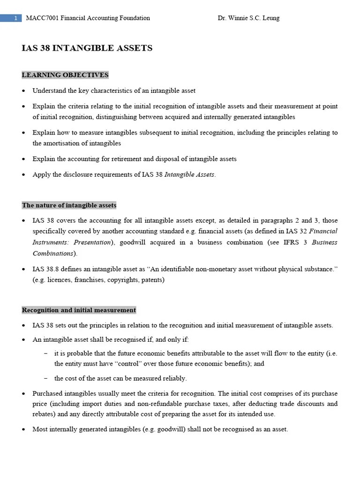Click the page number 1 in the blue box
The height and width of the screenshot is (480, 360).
pyautogui.click(x=15, y=18)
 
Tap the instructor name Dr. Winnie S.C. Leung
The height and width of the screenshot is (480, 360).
pyautogui.click(x=248, y=18)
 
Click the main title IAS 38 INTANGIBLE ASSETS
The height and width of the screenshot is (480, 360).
pyautogui.click(x=87, y=48)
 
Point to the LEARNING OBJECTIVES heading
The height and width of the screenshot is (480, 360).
pyautogui.click(x=65, y=75)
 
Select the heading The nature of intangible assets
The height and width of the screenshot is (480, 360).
pyautogui.click(x=69, y=205)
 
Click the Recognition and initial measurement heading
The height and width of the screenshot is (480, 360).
pyautogui.click(x=79, y=310)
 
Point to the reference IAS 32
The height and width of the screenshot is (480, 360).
pyautogui.click(x=297, y=231)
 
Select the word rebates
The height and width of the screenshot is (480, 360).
pyautogui.click(x=43, y=414)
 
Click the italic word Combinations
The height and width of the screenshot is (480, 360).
pyautogui.click(x=52, y=254)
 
